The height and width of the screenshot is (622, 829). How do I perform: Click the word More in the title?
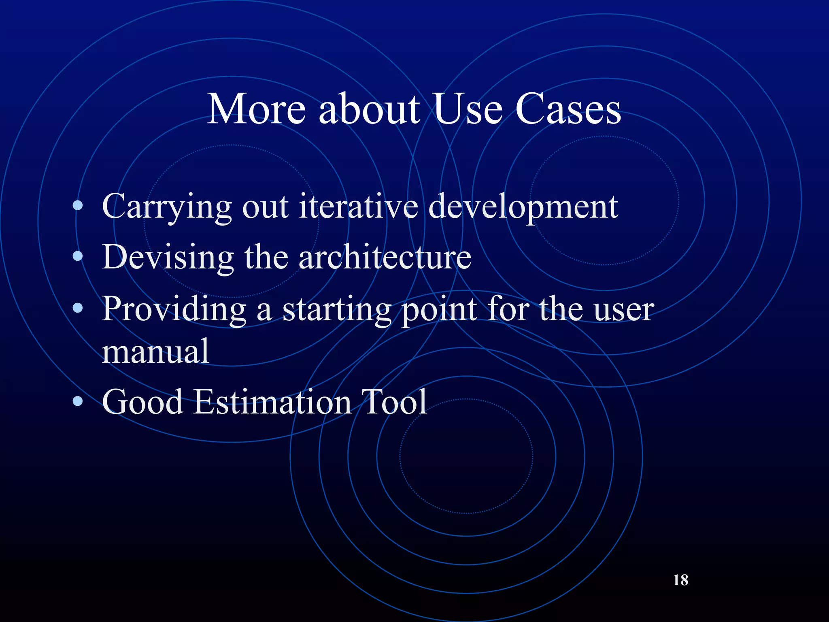[256, 109]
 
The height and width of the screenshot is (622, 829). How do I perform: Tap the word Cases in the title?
[568, 109]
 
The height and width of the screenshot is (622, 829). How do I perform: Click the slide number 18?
[680, 580]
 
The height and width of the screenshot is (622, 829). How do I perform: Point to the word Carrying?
[166, 207]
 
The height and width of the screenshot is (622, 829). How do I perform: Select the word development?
[523, 207]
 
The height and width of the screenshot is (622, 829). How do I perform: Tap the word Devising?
[168, 258]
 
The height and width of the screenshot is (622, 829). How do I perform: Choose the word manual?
[155, 351]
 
